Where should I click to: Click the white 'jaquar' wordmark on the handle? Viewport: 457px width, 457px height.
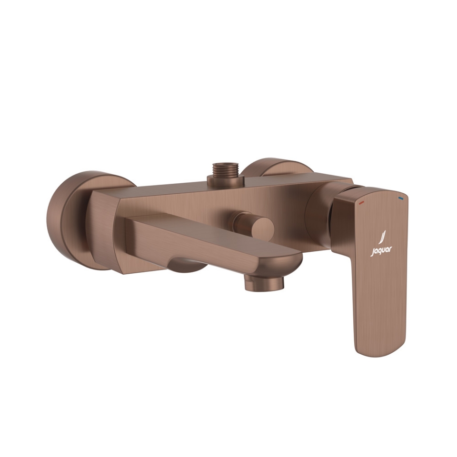[x=381, y=251]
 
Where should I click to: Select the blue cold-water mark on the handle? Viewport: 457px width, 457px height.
[x=400, y=196]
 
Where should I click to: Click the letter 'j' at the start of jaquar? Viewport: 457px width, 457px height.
[x=372, y=253]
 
